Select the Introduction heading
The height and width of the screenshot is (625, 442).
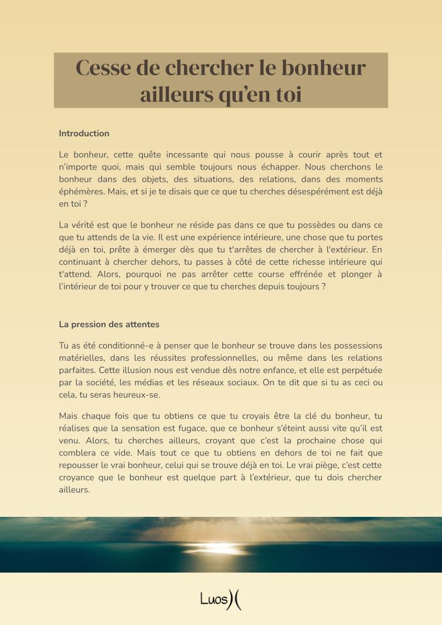[x=84, y=133]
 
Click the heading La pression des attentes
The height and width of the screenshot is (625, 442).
[x=109, y=324]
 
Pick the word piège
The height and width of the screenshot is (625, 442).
[x=324, y=464]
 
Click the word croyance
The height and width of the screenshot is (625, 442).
[x=77, y=477]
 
